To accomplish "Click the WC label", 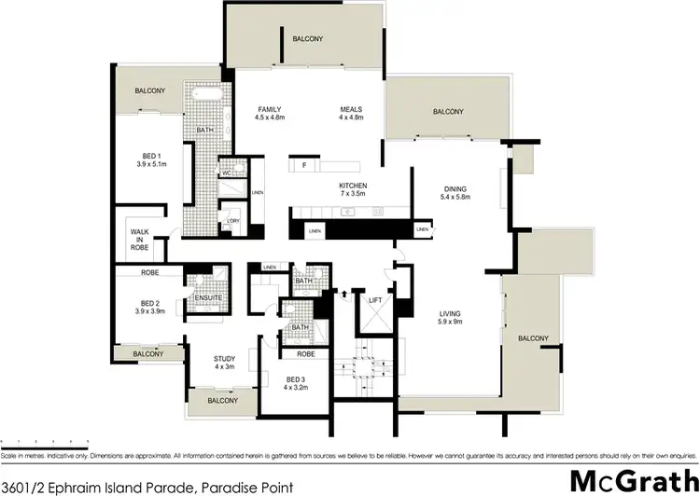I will (x=227, y=172).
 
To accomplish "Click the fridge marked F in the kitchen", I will (x=304, y=166).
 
